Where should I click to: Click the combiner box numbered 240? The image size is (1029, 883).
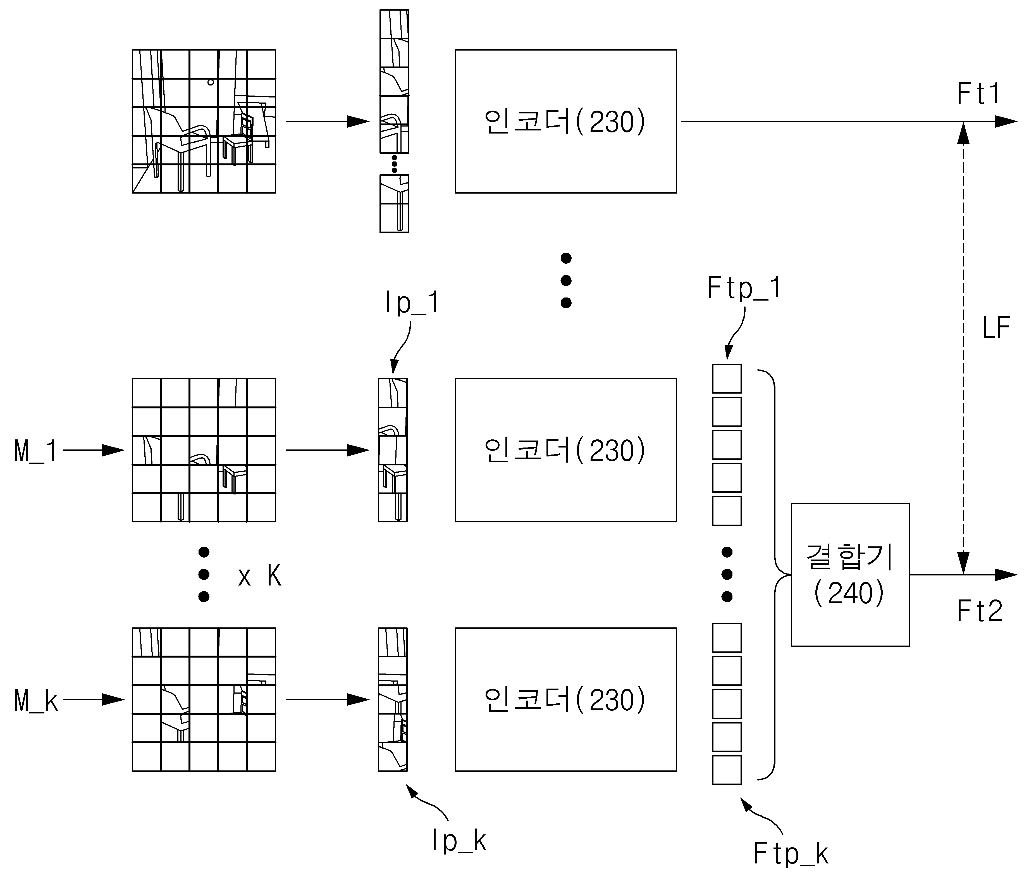click(x=850, y=574)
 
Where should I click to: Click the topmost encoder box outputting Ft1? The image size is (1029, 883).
click(x=566, y=121)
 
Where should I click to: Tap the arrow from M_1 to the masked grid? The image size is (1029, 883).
click(x=93, y=450)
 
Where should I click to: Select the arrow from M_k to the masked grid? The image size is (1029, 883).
click(x=93, y=700)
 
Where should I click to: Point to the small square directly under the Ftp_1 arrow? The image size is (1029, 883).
click(x=727, y=379)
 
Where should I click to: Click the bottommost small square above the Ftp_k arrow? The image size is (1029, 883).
click(x=727, y=770)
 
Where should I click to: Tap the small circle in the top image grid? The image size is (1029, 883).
click(x=211, y=82)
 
